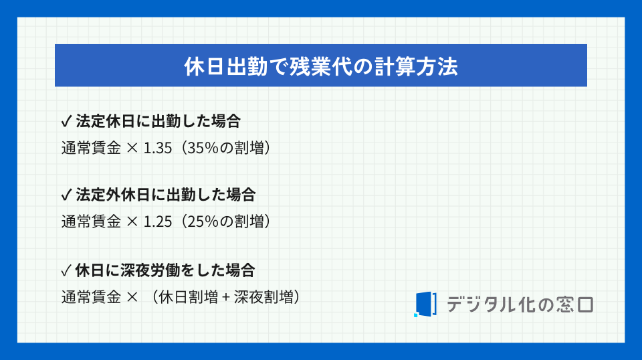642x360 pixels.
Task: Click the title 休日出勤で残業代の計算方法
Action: pyautogui.click(x=320, y=67)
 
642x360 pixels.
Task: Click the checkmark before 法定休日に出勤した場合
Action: pyautogui.click(x=66, y=122)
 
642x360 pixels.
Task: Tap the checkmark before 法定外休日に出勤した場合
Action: pyautogui.click(x=66, y=195)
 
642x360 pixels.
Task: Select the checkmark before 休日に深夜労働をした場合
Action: pyautogui.click(x=66, y=271)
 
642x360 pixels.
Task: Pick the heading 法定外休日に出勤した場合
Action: pyautogui.click(x=165, y=195)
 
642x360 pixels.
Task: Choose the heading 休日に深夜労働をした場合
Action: pyautogui.click(x=165, y=271)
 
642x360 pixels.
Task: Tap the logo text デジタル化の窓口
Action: pyautogui.click(x=520, y=304)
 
